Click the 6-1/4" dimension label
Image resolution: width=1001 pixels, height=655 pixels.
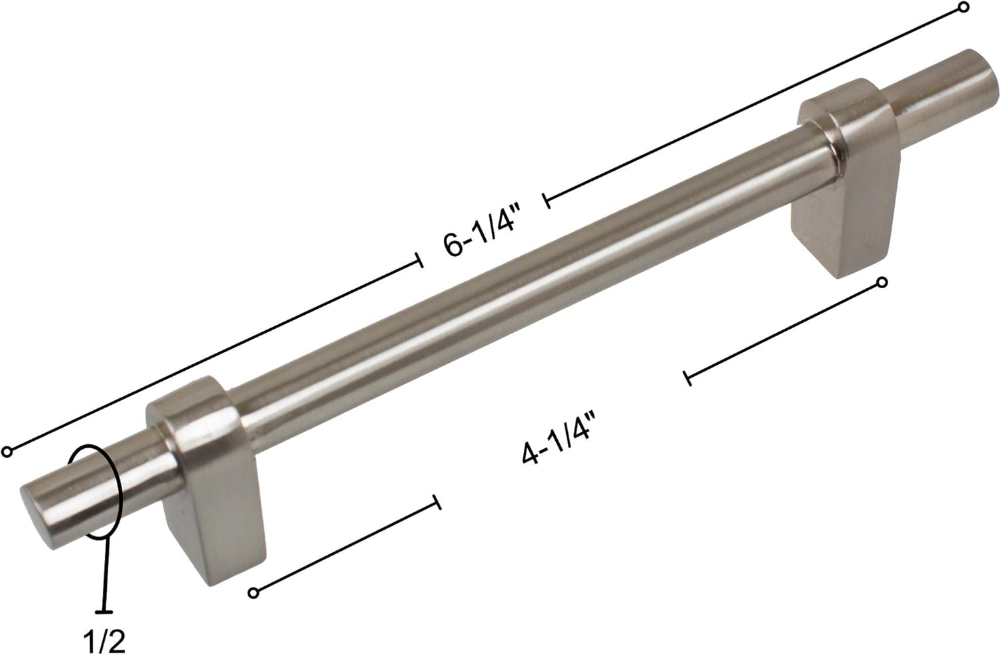point(481,234)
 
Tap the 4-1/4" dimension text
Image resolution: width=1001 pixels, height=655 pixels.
point(558,438)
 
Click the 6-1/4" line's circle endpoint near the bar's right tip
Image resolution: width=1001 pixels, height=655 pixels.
point(963,8)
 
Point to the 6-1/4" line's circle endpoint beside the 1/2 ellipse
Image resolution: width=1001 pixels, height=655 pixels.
point(7,452)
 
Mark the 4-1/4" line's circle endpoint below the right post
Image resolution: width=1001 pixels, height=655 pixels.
point(882,283)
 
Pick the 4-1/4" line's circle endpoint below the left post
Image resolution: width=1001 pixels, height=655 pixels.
point(253,592)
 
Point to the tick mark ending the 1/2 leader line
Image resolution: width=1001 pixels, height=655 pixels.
point(103,611)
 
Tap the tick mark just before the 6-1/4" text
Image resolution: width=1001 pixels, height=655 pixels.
point(419,260)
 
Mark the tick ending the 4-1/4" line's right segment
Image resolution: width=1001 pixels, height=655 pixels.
point(687,378)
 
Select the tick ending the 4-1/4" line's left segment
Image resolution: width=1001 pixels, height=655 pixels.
point(437,502)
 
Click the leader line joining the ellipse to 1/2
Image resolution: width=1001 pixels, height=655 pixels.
point(105,574)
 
